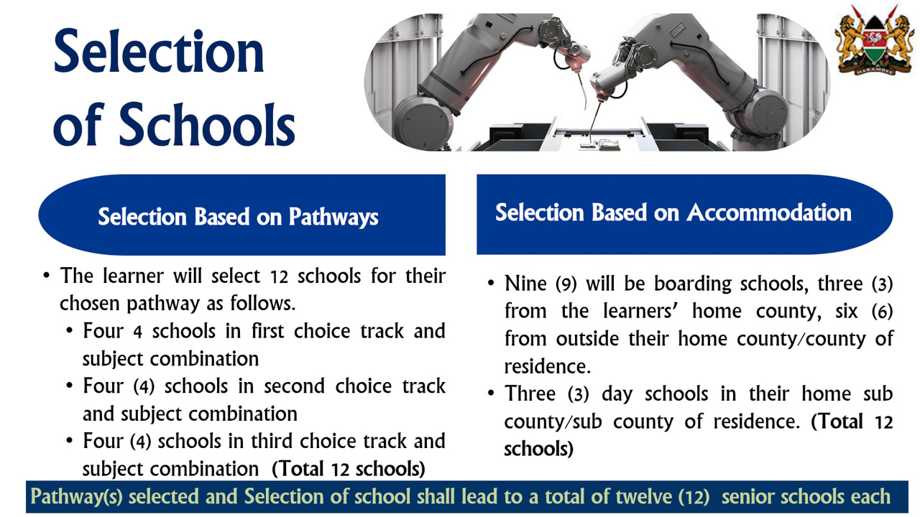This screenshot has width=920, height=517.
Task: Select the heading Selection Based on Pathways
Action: click(x=238, y=217)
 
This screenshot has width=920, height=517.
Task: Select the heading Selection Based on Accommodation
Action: click(x=673, y=213)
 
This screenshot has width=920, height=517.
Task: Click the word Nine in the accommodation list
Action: click(x=525, y=284)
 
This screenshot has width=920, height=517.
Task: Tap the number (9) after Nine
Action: click(x=567, y=284)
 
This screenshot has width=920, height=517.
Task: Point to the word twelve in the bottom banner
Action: click(x=619, y=497)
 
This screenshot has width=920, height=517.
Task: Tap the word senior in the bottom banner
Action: click(x=748, y=497)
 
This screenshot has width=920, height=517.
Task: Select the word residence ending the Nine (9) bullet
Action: click(x=546, y=366)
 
